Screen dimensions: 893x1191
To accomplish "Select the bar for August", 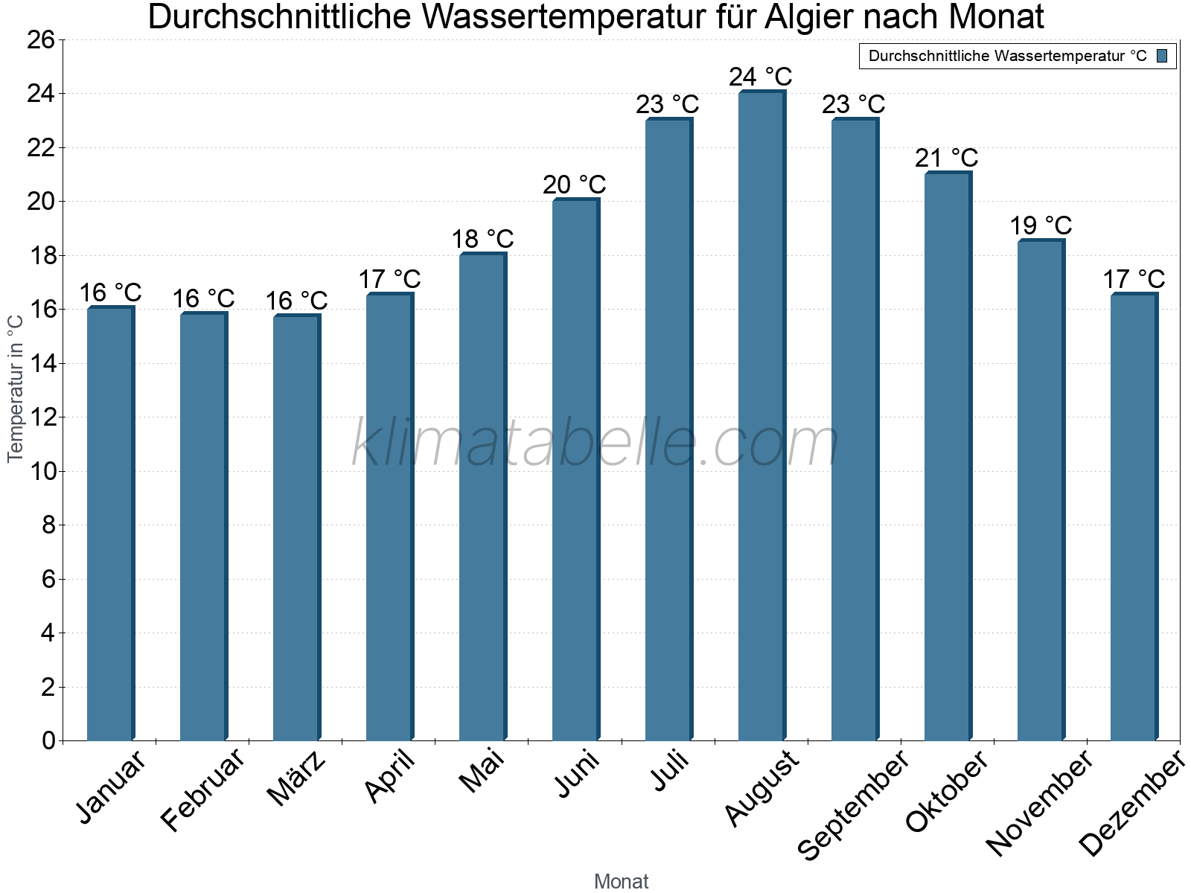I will coord(761,417).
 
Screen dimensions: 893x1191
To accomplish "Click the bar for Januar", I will coord(110,525).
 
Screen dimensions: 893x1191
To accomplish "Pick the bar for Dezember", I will coord(1134,517).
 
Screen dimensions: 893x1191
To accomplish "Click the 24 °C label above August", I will coord(761,77).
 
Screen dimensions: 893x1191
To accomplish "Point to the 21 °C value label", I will coord(947,158).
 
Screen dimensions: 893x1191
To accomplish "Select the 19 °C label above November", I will coord(1041,225).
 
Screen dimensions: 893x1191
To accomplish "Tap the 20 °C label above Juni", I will coord(575,185).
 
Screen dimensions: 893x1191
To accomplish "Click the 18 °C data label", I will coord(482,239).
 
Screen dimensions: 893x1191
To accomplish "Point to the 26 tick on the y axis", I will coord(41,39).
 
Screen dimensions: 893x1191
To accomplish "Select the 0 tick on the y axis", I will coord(48,740).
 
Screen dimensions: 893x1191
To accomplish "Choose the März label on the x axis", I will coord(296,778).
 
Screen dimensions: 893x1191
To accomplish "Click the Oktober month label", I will coord(947,792).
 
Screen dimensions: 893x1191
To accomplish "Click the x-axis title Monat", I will coord(622,881).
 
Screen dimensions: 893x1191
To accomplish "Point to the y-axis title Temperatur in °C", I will coord(16,387).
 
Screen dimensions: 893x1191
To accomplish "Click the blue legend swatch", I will coord(1162,56).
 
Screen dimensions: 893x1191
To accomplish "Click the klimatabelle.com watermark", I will coord(595,444).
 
